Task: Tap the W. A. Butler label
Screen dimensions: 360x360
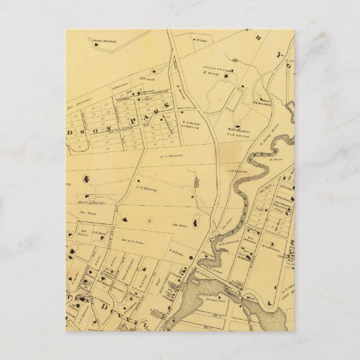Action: pyautogui.click(x=190, y=123)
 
